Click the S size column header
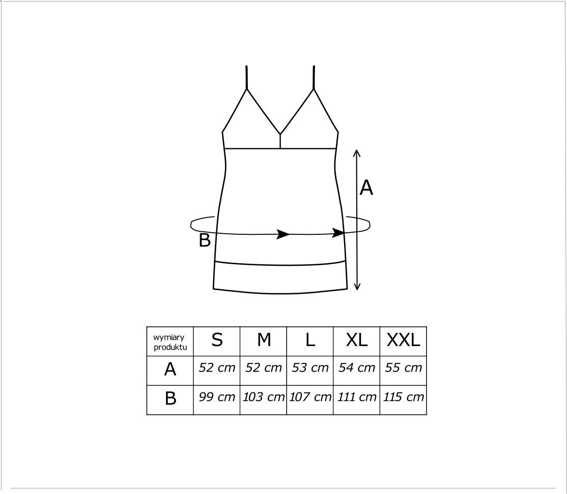[217, 340]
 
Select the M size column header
[264, 340]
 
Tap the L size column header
[310, 340]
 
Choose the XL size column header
[357, 340]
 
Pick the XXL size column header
[403, 340]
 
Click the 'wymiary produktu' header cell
[170, 342]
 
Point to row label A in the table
[170, 369]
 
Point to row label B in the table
[171, 398]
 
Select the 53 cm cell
[310, 367]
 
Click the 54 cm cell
[357, 367]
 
